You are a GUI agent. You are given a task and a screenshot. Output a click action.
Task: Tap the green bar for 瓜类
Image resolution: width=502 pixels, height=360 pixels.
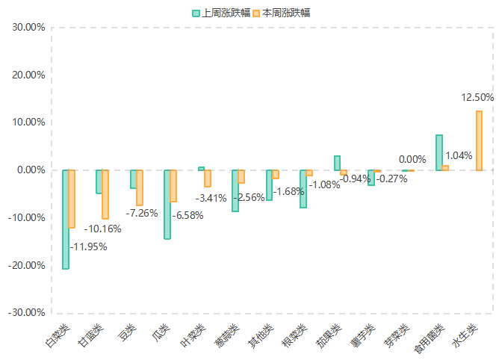coord(167,204)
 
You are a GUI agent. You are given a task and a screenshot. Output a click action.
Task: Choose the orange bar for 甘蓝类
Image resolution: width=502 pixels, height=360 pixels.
coord(105,194)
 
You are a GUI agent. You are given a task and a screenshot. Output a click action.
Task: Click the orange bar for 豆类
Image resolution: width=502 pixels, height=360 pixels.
coord(140,187)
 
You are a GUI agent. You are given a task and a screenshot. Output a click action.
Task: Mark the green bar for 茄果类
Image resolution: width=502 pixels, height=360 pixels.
coord(337,163)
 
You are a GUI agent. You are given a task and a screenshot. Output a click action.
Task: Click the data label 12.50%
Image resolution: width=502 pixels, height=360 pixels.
coord(478,97)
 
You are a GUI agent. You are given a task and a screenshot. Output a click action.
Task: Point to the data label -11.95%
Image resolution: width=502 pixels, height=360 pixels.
coord(89,246)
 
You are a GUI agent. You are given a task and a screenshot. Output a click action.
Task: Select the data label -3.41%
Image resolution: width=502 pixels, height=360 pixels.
coord(211,199)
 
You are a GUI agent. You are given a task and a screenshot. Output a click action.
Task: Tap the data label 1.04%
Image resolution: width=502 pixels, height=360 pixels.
coord(459,156)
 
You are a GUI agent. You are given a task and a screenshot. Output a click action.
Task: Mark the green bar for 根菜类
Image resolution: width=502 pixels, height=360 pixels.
coord(303,189)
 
